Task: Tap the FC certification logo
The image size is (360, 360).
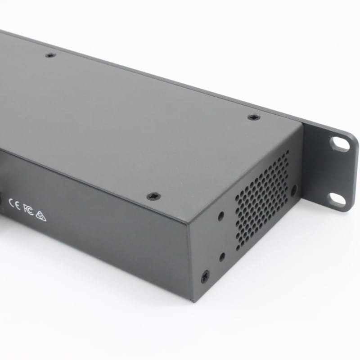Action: click(x=28, y=210)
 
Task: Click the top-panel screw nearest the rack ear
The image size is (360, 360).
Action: click(x=253, y=117)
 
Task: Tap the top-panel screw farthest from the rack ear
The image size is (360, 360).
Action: click(x=50, y=56)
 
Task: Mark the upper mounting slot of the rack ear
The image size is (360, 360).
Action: click(x=340, y=143)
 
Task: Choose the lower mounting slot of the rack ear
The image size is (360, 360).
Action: click(x=337, y=199)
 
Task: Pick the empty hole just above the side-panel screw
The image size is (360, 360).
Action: click(x=221, y=257)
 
